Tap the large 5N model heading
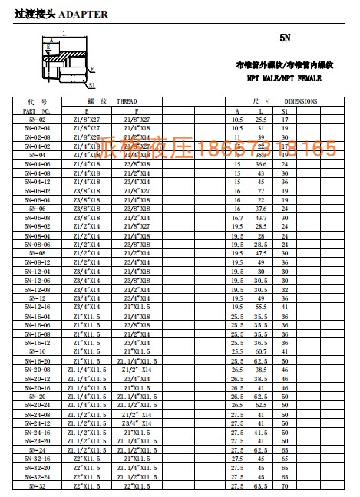(285, 38)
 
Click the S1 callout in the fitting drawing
(91, 85)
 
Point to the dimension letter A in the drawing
(51, 37)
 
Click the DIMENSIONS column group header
(300, 101)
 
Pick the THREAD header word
(127, 101)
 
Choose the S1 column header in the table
(284, 111)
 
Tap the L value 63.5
(261, 485)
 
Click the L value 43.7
(261, 218)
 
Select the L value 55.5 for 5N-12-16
(261, 307)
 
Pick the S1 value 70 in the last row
(284, 485)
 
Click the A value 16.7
(237, 218)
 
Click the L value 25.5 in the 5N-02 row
(261, 120)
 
